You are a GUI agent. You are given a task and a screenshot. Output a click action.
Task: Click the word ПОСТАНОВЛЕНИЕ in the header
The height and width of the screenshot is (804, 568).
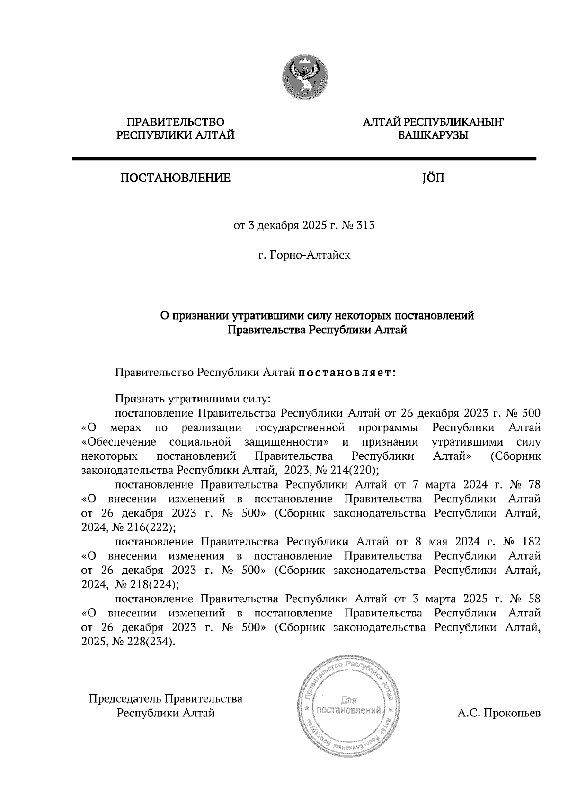click(x=175, y=179)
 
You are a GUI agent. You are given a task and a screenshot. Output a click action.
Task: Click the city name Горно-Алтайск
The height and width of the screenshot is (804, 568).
click(x=310, y=256)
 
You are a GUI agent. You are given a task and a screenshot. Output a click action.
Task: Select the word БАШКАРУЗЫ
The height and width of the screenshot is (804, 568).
click(x=433, y=136)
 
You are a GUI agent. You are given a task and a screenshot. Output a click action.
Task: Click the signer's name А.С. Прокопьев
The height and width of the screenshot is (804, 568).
click(x=498, y=713)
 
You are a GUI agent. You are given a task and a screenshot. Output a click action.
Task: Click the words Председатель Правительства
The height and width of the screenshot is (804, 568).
click(x=166, y=698)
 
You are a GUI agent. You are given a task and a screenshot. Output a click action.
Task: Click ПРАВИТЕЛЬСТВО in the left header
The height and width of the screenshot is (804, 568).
click(x=176, y=123)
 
